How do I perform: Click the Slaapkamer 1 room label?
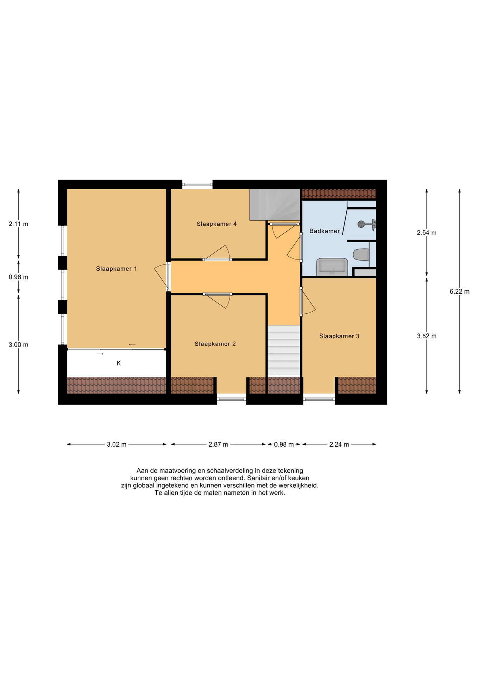coord(116,269)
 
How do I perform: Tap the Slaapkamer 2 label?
coord(215,344)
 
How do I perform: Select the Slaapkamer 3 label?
coord(339,336)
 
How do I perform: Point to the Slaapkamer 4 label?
coord(216,224)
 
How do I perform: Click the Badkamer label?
coord(325,231)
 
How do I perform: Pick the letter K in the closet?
coord(119,363)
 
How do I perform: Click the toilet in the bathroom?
coord(361,255)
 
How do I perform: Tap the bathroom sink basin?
coord(332,267)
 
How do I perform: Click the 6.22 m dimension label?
coord(459,292)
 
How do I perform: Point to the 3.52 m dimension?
coord(427,336)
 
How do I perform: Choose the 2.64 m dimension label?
coord(427,233)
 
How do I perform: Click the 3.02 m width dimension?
coord(117,444)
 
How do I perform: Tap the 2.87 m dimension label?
coord(218,444)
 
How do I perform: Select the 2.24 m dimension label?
coord(339,444)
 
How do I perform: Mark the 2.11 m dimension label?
coord(18,224)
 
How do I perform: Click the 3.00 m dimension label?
coord(18,345)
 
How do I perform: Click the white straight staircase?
coord(284,350)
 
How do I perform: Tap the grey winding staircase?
coord(275,205)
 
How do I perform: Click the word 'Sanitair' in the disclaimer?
coord(259,478)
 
